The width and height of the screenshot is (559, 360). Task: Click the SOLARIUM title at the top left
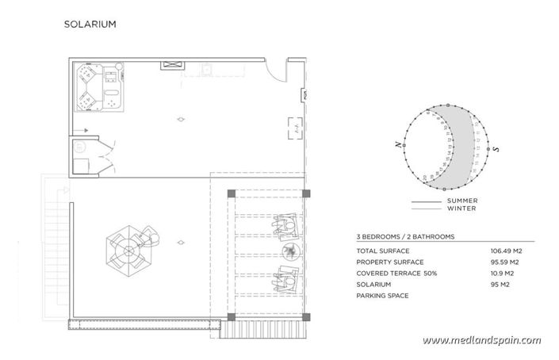(90, 24)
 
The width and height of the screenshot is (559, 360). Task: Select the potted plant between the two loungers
(293, 252)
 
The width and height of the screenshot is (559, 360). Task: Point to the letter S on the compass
(496, 148)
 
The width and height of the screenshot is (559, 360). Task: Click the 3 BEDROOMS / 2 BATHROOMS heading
(404, 236)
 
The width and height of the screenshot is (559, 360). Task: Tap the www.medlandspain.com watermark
(481, 340)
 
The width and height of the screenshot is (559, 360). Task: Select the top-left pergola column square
(230, 193)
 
